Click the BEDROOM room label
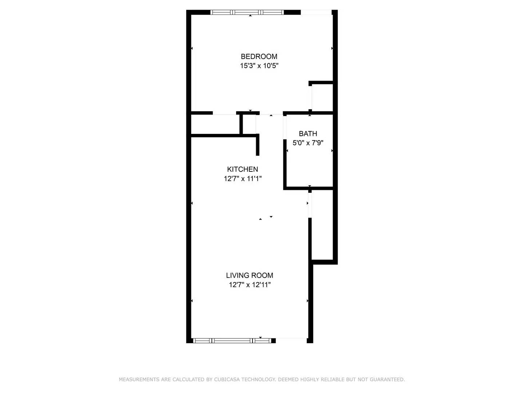[x=259, y=56]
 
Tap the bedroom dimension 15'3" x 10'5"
[x=259, y=66]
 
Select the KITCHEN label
[x=242, y=169]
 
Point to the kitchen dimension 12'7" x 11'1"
[x=242, y=179]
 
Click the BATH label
[x=308, y=134]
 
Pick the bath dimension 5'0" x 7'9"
[x=308, y=143]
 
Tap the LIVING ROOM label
[x=249, y=275]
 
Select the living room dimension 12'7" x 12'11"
[x=249, y=285]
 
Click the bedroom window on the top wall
[x=247, y=12]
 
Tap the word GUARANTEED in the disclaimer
[x=387, y=380]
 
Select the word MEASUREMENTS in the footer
[x=139, y=380]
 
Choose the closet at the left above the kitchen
[x=215, y=124]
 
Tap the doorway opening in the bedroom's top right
[x=316, y=13]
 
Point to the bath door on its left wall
[x=285, y=127]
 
